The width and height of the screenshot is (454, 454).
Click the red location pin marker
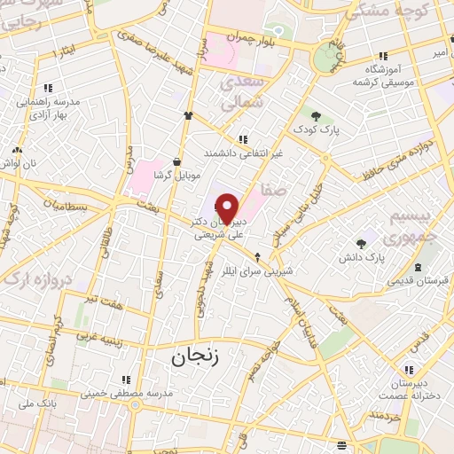pyautogui.click(x=228, y=208)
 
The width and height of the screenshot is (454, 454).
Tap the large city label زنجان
pyautogui.click(x=192, y=356)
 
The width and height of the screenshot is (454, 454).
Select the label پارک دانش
pyautogui.click(x=388, y=256)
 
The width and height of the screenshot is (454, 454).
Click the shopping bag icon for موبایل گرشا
pyautogui.click(x=177, y=161)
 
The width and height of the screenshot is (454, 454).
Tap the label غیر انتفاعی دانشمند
pyautogui.click(x=243, y=153)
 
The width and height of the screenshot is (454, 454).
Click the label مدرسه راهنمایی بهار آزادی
pyautogui.click(x=48, y=107)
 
